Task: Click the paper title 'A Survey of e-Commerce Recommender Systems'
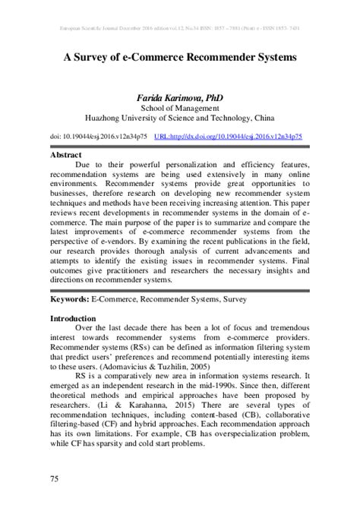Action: pyautogui.click(x=179, y=57)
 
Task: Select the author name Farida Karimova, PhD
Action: pyautogui.click(x=179, y=98)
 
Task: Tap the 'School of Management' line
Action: pyautogui.click(x=179, y=109)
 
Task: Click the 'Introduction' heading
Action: pyautogui.click(x=74, y=318)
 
